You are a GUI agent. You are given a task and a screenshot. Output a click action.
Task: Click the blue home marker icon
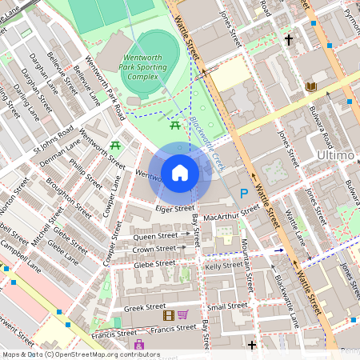(180, 172)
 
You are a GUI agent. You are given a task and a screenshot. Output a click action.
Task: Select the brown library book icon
(311, 86)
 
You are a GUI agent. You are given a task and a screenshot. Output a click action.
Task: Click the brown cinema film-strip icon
(168, 315)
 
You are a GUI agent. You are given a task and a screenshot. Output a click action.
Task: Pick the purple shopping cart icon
(182, 315)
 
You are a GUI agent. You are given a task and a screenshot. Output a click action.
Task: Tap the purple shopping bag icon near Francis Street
(140, 344)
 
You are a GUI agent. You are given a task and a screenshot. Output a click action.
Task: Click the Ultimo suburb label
(335, 154)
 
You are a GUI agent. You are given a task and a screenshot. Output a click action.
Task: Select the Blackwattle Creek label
(206, 143)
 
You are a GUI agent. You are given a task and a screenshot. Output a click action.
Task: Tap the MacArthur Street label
(231, 212)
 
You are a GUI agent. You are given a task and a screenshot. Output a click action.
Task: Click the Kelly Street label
(224, 265)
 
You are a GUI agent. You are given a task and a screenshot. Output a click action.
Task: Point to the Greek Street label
(144, 307)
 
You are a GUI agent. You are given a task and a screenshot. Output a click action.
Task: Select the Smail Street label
(227, 306)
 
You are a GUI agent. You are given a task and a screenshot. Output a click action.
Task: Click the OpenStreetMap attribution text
(80, 354)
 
